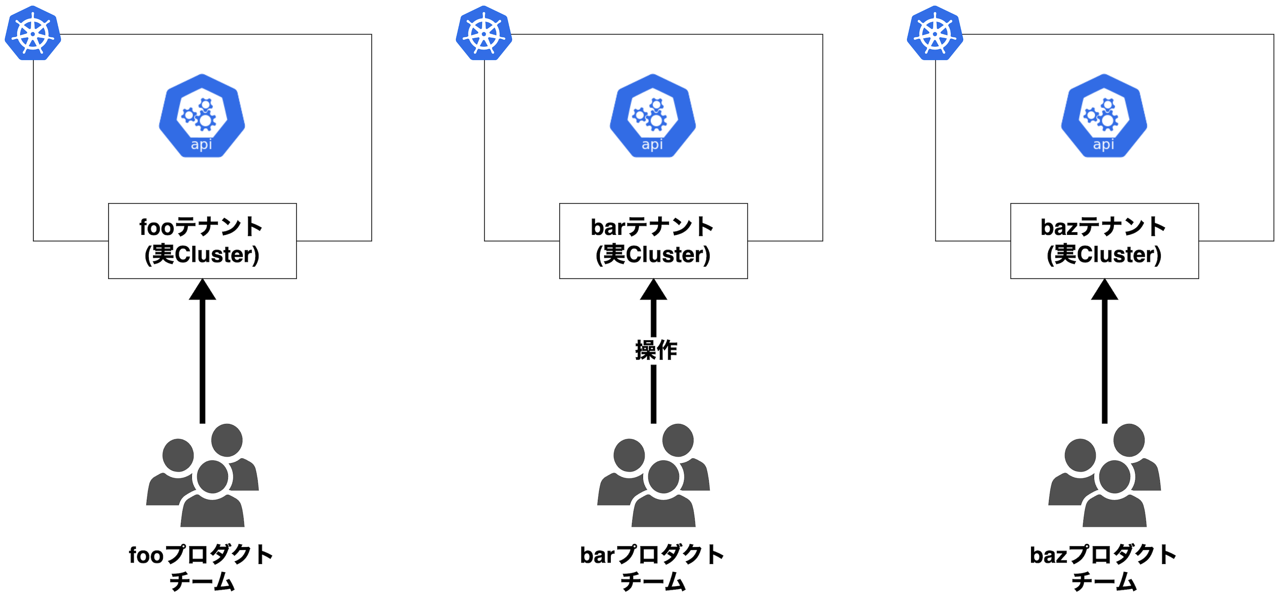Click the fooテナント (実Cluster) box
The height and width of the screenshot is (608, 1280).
tap(202, 241)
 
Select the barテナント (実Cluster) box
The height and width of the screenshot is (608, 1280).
tap(654, 241)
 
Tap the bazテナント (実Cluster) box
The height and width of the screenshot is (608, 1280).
tap(1104, 241)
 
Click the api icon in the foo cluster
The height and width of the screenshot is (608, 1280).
tap(202, 116)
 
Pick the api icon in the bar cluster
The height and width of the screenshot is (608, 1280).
tap(653, 116)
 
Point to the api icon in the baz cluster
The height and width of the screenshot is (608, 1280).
tap(1104, 116)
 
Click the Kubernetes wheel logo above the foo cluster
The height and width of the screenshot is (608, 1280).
tap(33, 33)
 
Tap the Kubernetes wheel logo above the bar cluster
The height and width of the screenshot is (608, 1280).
tap(484, 33)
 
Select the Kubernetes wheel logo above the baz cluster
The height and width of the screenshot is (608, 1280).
tap(935, 33)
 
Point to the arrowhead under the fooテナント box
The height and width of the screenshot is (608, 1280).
tap(202, 290)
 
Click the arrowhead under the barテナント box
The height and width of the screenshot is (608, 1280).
tap(654, 290)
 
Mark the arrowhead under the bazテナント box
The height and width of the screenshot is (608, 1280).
tap(1105, 290)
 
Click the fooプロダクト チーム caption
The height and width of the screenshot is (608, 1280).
tap(201, 568)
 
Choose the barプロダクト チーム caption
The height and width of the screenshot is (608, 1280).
tap(652, 568)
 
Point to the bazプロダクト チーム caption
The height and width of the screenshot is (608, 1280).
tap(1103, 568)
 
